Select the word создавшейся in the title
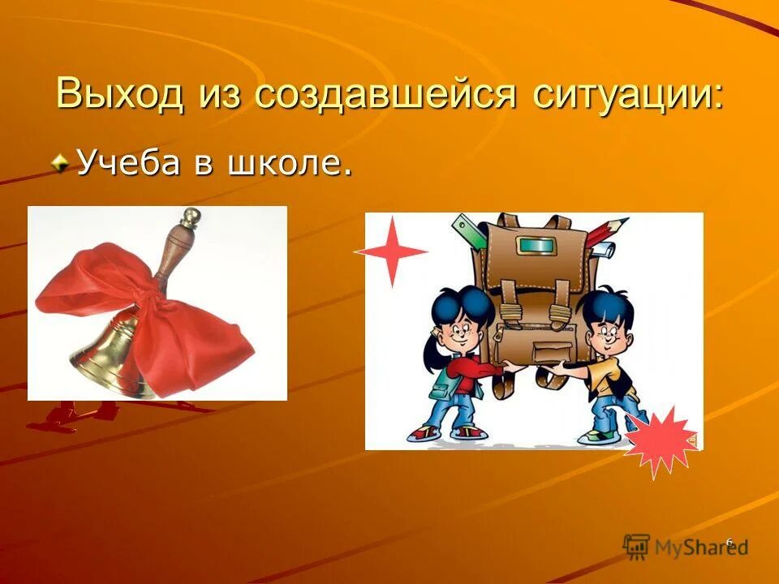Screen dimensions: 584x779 [385, 94]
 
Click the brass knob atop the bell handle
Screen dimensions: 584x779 [192, 217]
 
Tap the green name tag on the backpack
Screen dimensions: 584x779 [533, 244]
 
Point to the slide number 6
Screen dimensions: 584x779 [729, 542]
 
